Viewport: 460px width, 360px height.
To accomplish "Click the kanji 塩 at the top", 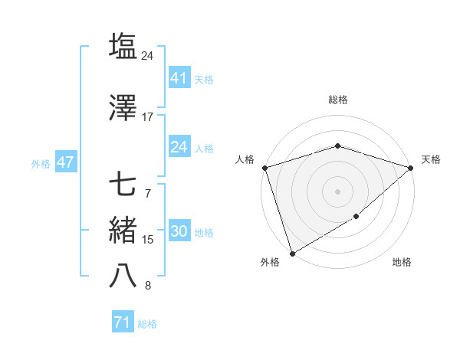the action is [x=123, y=46].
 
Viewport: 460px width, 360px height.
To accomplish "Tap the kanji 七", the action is [x=123, y=185].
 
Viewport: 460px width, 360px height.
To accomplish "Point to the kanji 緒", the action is [x=123, y=231].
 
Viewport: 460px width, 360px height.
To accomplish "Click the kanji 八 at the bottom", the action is [x=123, y=277].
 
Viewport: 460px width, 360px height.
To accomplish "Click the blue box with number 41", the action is [x=179, y=78].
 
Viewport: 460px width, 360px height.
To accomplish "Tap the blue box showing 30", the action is [x=179, y=231].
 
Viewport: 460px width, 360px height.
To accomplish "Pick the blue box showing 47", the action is [x=65, y=162].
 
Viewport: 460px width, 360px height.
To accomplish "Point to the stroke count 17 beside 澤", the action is [x=147, y=117].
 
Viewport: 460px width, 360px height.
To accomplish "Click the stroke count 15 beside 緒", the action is [x=147, y=240].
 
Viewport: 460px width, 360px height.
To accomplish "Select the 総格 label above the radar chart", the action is [x=337, y=100].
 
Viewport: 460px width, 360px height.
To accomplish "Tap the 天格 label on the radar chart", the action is [x=431, y=159].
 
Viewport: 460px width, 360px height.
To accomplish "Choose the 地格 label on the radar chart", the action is [x=402, y=263].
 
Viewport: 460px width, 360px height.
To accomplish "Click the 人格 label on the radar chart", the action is [x=245, y=159].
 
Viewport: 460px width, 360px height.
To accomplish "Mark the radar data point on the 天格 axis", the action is [x=411, y=168].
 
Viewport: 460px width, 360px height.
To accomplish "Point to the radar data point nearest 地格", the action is [x=357, y=218].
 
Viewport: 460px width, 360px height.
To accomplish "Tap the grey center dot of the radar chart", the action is [x=337, y=191].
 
